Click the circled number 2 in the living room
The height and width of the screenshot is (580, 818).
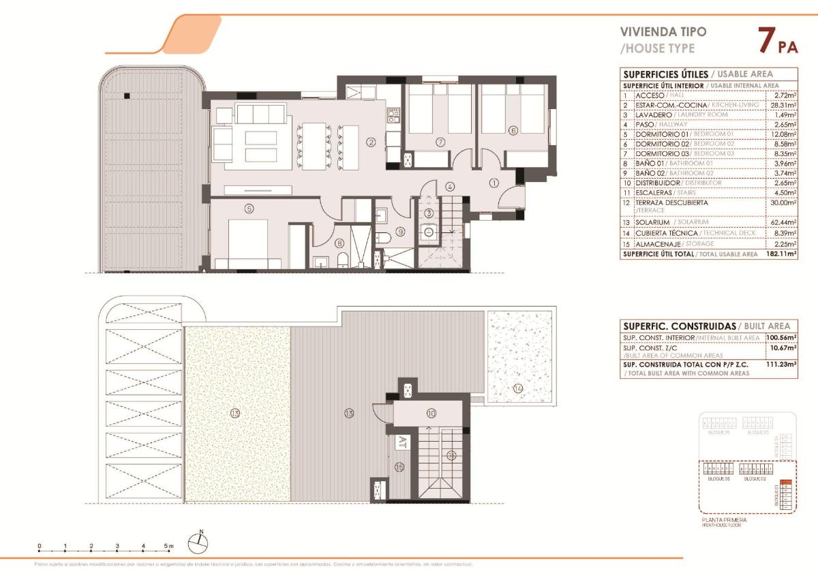coord(371,142)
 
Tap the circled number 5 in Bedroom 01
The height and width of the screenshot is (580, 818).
coord(249,209)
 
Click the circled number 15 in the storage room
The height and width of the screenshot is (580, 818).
coord(400,467)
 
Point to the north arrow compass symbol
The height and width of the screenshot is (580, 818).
coord(198,542)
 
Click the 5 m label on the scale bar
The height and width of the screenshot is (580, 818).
coord(168,546)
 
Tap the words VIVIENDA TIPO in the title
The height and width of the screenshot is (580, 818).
coord(653,31)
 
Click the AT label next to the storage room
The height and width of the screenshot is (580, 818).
coord(402,442)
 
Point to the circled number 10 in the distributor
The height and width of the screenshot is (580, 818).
coord(431,413)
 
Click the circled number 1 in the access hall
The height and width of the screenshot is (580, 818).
coord(494,182)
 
